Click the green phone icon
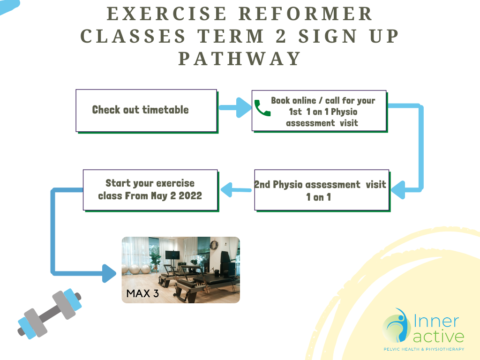coord(262,108)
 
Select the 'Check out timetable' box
coord(147,111)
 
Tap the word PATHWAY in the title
coord(240,59)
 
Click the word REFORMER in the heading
coord(305,14)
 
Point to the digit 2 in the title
coord(281,36)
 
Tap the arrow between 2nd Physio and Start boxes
coord(236,189)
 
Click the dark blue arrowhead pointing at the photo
coord(109,273)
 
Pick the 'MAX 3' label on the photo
coord(142,293)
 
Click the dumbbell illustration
coord(50,314)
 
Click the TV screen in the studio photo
coord(172,255)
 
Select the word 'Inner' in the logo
coord(436,321)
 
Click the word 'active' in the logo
coord(438,336)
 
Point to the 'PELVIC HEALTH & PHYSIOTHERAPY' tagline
coord(424,349)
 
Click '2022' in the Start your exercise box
coord(190,195)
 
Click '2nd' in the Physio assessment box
coord(262,184)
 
